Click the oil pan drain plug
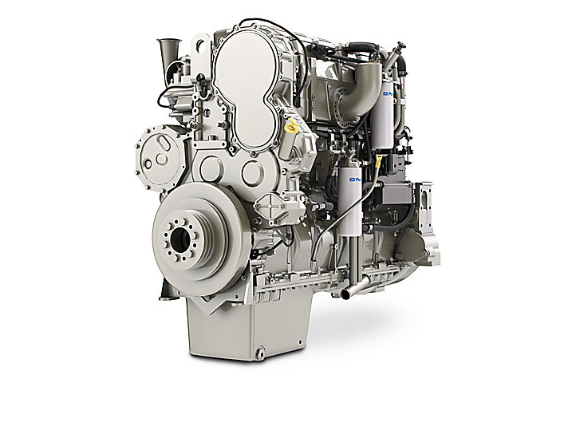click(x=259, y=349)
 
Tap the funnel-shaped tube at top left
click(x=168, y=53)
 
